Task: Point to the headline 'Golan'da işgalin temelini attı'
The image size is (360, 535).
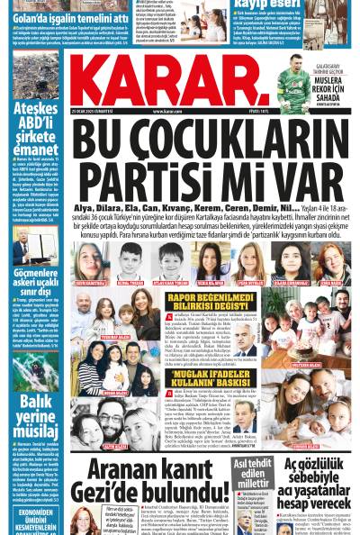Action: [x=58, y=18]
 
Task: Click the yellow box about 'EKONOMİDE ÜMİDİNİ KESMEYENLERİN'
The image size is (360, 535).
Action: [x=35, y=514]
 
